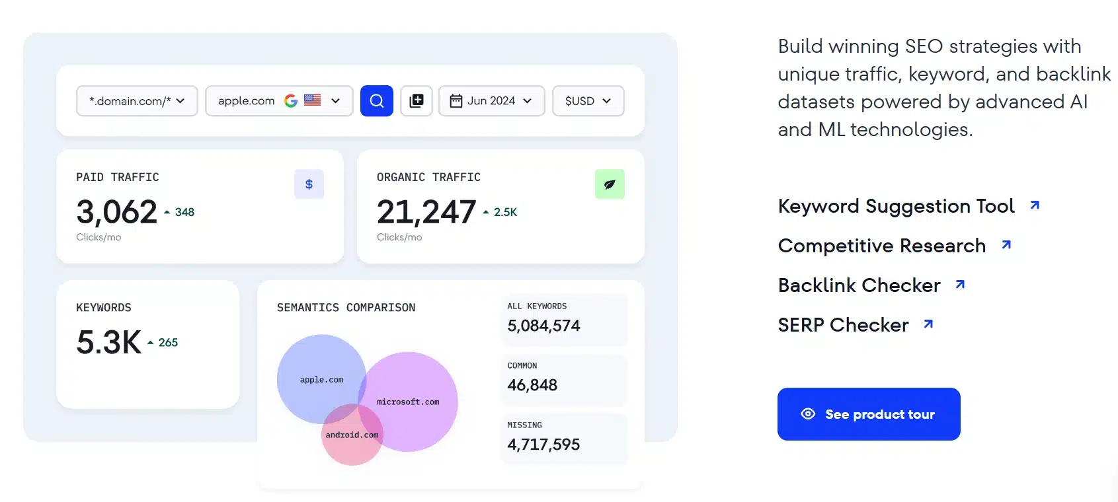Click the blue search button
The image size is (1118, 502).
coord(377,101)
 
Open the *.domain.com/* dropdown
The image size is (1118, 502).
coord(137,101)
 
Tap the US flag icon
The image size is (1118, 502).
coord(313,100)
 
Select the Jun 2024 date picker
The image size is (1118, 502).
coord(491,101)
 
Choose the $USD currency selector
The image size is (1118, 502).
coord(588,101)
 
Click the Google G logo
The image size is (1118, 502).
coord(291,101)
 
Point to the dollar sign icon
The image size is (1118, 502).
coord(309,184)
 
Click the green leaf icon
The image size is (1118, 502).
coord(610,184)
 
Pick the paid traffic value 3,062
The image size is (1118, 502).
coord(117,212)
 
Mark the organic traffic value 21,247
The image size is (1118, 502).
coord(426,212)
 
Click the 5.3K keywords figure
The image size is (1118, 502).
coord(109,342)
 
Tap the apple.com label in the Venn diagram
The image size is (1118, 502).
coord(321,380)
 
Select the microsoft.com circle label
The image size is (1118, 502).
coord(408,402)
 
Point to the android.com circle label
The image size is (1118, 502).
coord(352,435)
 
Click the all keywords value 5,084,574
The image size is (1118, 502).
coord(543,326)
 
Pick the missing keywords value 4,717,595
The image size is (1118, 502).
coord(543,445)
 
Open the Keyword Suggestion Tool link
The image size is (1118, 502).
coord(897,206)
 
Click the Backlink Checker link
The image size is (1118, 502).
coord(859,285)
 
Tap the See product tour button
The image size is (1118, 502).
coord(869,414)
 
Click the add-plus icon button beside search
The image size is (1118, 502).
coord(417,101)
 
